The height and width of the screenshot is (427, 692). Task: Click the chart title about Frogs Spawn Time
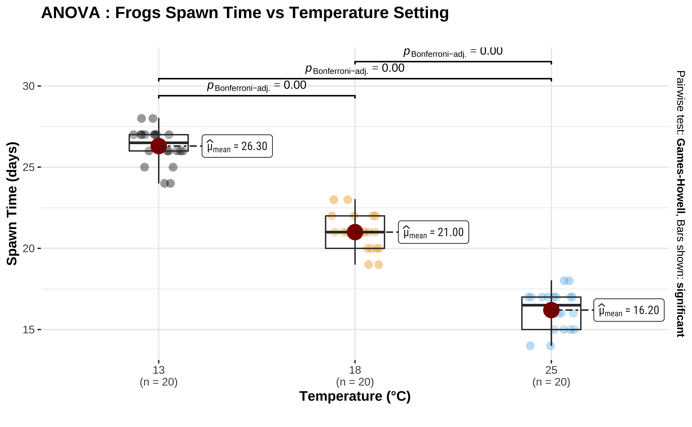coord(245,13)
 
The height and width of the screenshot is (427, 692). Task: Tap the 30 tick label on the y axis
coord(29,86)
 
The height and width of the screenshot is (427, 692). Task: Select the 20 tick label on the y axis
coord(29,248)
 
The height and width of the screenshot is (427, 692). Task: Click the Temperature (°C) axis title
coord(355,396)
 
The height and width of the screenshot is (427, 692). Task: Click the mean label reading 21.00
coord(433,232)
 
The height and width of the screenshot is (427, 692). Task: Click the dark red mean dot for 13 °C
coord(159,146)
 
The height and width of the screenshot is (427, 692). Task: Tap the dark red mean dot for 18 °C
coord(355,232)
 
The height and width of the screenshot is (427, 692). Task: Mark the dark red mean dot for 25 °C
coord(551,310)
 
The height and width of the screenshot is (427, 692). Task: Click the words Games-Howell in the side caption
coord(680,177)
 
